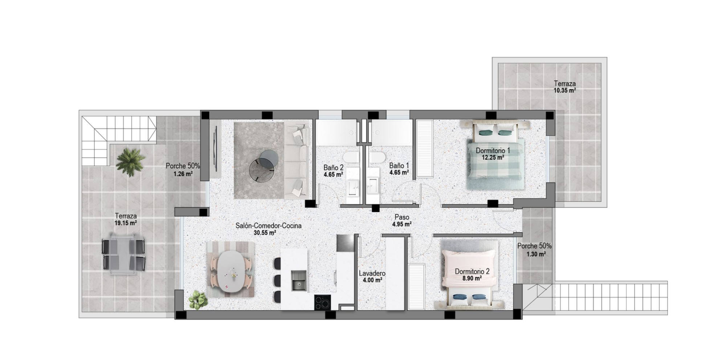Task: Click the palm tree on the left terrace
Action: [x=130, y=162]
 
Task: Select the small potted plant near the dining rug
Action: [x=198, y=300]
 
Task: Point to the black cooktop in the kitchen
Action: [x=322, y=302]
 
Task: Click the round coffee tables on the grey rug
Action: [x=264, y=165]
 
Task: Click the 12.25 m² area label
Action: [x=493, y=157]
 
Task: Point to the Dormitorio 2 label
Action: [x=472, y=271]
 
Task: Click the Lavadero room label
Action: [x=372, y=273]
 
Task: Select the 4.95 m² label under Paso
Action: [x=401, y=224]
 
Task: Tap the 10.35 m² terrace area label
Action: [x=564, y=91]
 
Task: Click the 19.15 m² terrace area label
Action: [x=126, y=223]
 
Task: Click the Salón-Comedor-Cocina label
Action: [x=268, y=225]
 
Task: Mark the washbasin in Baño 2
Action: [x=352, y=187]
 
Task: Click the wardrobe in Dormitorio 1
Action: [x=424, y=148]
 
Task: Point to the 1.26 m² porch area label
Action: [x=183, y=174]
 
